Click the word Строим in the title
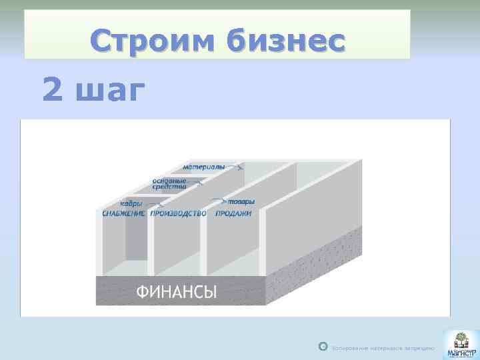click(x=154, y=41)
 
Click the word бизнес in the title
click(x=287, y=41)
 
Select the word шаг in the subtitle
click(x=110, y=91)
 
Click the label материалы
click(x=204, y=166)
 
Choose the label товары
click(x=239, y=201)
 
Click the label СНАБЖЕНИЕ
click(x=123, y=213)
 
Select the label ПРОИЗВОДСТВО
click(x=178, y=213)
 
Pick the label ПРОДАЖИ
click(x=233, y=213)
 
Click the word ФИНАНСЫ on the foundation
click(x=177, y=291)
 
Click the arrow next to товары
click(x=219, y=200)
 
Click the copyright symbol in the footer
click(x=323, y=347)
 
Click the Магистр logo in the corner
click(x=459, y=343)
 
